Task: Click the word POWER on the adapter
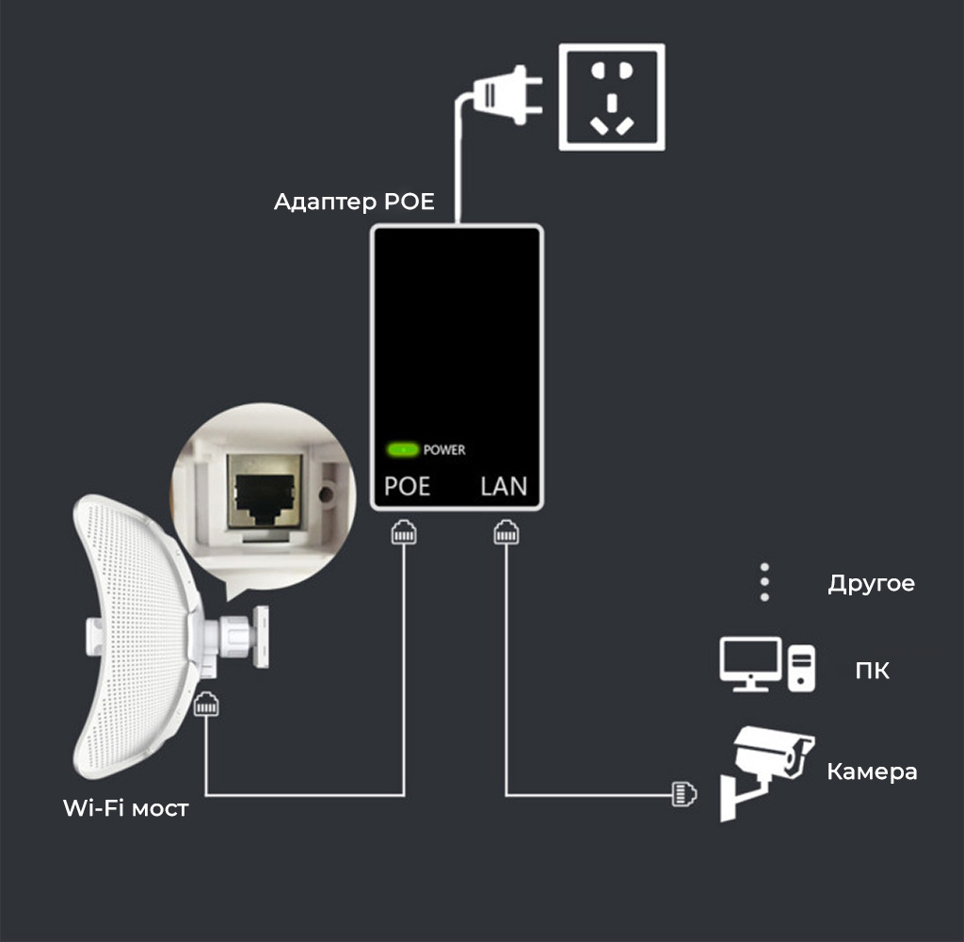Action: click(444, 450)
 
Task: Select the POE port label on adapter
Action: click(408, 487)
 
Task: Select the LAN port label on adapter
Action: click(504, 487)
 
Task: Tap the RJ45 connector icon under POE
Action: click(404, 533)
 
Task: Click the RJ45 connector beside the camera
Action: click(683, 793)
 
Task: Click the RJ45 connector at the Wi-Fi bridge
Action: click(206, 706)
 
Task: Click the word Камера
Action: click(872, 772)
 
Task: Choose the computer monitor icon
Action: click(750, 663)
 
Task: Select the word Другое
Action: click(871, 583)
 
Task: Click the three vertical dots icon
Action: click(764, 583)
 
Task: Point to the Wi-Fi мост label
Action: click(125, 808)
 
